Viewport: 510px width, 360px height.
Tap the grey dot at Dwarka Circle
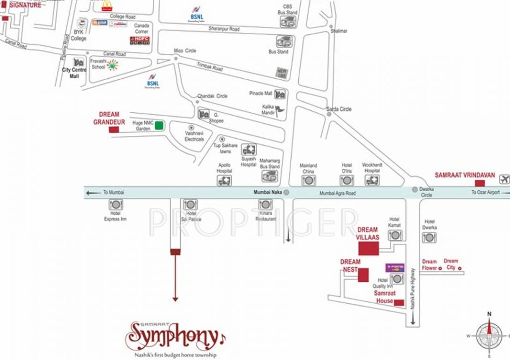[x=414, y=189]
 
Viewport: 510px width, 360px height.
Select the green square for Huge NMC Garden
[x=159, y=125]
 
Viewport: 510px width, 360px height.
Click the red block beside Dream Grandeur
[x=114, y=129]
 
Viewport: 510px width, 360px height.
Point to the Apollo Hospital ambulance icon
[x=224, y=181]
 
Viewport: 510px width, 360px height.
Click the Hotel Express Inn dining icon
[x=116, y=204]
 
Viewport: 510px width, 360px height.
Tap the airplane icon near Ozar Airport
[x=504, y=179]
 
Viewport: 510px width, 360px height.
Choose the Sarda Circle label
[x=339, y=109]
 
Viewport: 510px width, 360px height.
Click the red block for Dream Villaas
[x=369, y=248]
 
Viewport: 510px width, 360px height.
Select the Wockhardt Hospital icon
[x=372, y=180]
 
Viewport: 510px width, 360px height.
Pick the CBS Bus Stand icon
[x=288, y=22]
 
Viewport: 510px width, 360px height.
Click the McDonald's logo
[x=107, y=6]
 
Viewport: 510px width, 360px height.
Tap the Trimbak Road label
[x=209, y=67]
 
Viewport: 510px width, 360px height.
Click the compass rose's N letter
[x=489, y=314]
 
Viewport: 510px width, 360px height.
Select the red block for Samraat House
[x=399, y=302]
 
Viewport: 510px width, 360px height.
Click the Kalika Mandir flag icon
[x=280, y=111]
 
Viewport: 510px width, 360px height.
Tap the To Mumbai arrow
[x=94, y=192]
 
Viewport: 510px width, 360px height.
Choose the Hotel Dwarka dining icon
[x=429, y=238]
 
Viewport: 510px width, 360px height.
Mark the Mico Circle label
[x=185, y=51]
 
